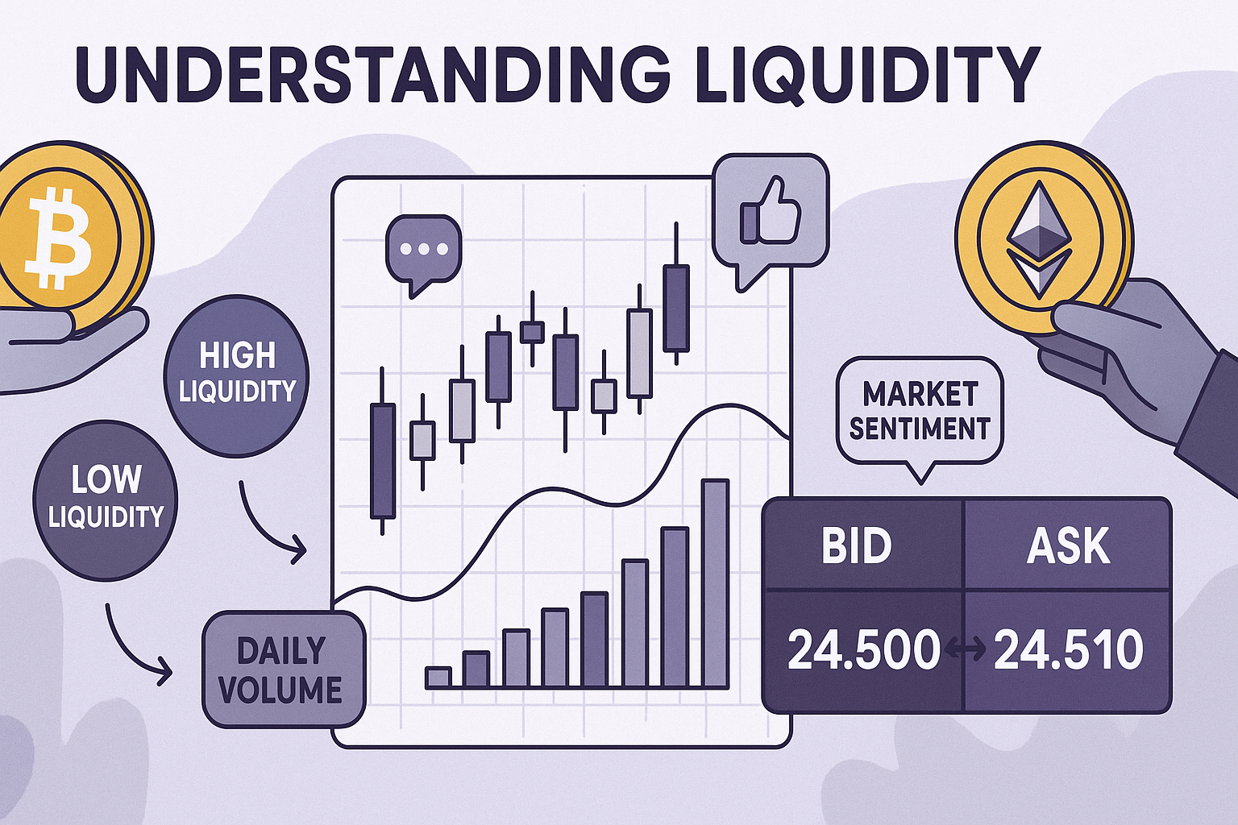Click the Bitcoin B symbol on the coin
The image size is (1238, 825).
(x=60, y=238)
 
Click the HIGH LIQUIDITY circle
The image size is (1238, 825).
(x=236, y=375)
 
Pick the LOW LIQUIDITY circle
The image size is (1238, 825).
(x=105, y=500)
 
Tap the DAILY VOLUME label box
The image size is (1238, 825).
(x=284, y=670)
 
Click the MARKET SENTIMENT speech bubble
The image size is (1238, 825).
(x=920, y=412)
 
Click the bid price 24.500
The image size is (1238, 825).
(x=862, y=649)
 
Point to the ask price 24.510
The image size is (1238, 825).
(x=1068, y=649)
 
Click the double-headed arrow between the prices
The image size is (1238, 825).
(x=966, y=650)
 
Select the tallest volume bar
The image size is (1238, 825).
(x=716, y=583)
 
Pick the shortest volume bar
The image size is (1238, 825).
(x=438, y=678)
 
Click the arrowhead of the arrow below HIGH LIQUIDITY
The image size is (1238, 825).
(x=298, y=549)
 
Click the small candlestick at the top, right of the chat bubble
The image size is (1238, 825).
(x=532, y=329)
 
